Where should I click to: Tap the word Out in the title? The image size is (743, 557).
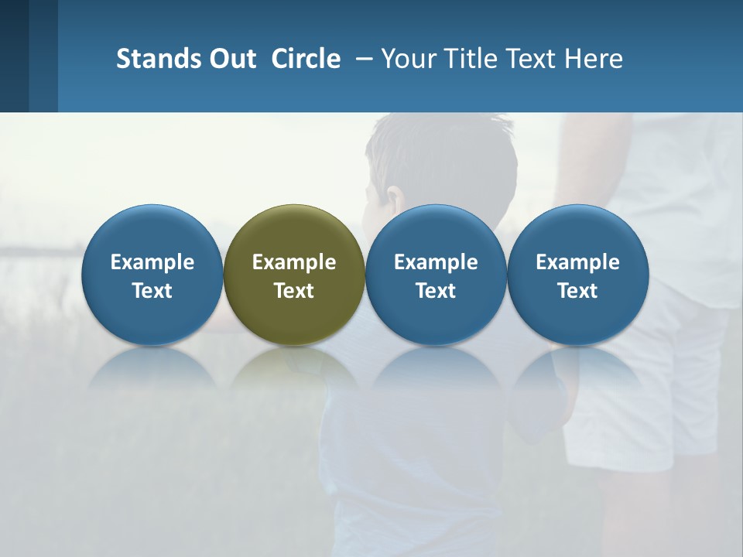(x=231, y=59)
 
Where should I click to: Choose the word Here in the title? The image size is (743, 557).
(x=594, y=59)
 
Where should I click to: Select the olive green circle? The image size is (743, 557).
(x=294, y=232)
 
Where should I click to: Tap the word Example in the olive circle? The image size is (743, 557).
(x=294, y=262)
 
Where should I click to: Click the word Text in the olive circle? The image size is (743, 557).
(x=294, y=291)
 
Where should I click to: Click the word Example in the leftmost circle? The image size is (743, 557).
(x=152, y=262)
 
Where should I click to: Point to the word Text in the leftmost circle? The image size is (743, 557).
(x=152, y=291)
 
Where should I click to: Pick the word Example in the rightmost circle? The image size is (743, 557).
(x=577, y=262)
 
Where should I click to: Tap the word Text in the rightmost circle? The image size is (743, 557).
(x=577, y=291)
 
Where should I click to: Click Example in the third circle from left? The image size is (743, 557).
(x=436, y=262)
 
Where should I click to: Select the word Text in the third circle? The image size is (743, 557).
(x=436, y=291)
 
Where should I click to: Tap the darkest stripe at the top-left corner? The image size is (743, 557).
(x=14, y=54)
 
